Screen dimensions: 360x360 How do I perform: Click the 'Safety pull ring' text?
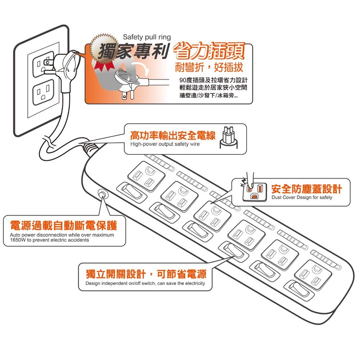(x=147, y=37)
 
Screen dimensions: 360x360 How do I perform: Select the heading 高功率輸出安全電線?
(x=172, y=135)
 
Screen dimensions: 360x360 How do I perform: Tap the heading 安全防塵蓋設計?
(x=306, y=189)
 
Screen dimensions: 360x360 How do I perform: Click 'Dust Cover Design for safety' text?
(x=302, y=198)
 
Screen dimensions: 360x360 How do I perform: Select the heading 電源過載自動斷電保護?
(x=63, y=226)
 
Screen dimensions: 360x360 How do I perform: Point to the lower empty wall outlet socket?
(x=43, y=93)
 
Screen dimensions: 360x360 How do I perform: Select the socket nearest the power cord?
(x=146, y=175)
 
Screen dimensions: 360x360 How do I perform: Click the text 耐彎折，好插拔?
(x=209, y=67)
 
